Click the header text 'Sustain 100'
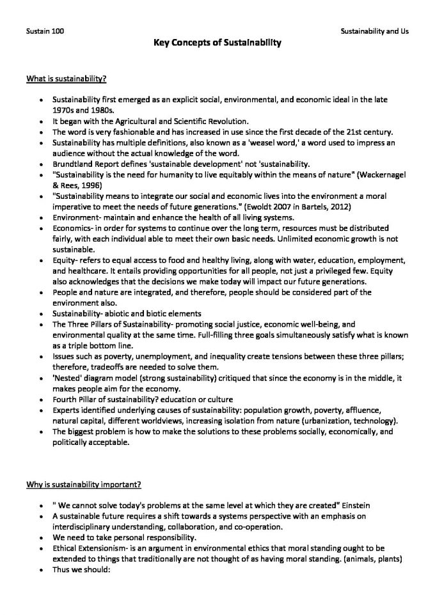pyautogui.click(x=44, y=31)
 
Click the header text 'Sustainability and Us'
pyautogui.click(x=374, y=31)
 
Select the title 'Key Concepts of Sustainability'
pyautogui.click(x=217, y=43)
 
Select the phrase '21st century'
pyautogui.click(x=372, y=132)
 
